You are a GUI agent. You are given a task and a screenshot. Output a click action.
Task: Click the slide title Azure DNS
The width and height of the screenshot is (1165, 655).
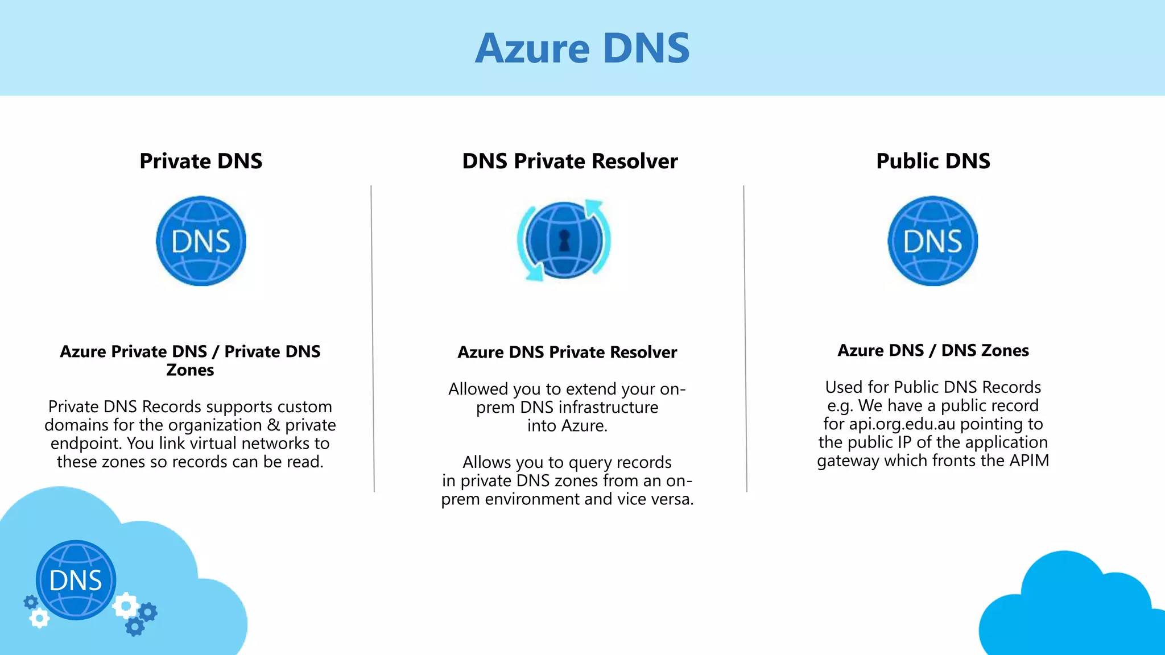point(582,48)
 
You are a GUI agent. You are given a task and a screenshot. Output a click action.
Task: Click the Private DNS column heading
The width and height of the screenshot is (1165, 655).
point(201,161)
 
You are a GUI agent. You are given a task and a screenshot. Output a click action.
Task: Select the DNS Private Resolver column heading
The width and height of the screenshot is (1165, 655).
point(569,161)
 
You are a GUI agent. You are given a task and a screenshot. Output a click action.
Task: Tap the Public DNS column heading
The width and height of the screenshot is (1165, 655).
point(933,161)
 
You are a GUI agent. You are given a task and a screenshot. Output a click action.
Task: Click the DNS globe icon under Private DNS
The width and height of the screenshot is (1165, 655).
point(201,241)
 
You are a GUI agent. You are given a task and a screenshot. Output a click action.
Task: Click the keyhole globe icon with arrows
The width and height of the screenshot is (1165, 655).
point(564,240)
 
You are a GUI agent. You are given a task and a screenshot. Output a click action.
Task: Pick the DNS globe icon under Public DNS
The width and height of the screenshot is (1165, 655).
point(933,241)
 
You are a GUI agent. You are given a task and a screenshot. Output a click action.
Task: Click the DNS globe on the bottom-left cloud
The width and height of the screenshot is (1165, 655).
point(76,580)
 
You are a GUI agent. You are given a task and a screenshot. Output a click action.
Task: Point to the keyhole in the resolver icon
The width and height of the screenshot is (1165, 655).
point(564,240)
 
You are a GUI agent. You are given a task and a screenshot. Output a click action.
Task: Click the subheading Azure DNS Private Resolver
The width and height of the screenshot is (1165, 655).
point(567,352)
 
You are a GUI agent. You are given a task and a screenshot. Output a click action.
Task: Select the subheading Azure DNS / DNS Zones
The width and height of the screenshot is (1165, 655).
point(933,350)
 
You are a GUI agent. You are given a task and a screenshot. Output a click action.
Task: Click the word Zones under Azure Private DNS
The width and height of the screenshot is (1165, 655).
point(190,370)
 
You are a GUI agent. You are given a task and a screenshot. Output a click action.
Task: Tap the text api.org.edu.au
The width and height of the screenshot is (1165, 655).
point(902,424)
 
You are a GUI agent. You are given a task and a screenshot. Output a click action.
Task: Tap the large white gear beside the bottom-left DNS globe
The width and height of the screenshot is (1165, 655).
point(126,606)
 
